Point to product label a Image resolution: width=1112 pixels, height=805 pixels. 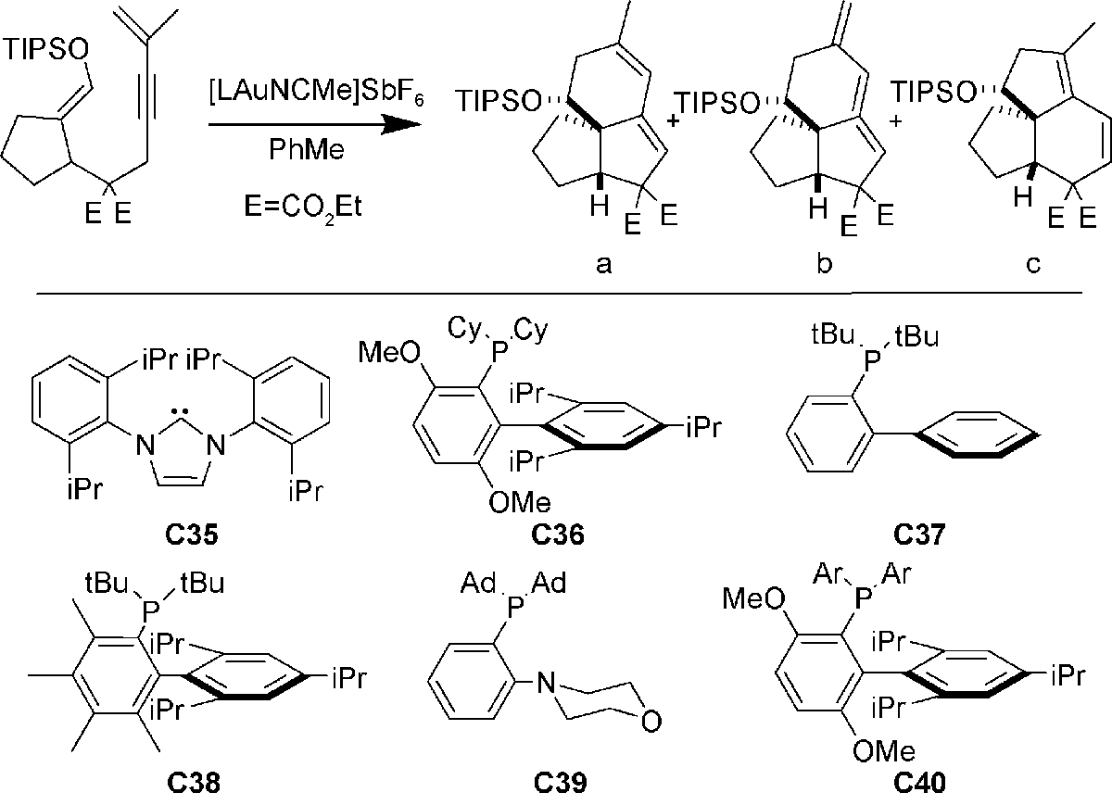click(x=604, y=266)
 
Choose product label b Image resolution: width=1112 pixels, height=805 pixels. click(x=824, y=266)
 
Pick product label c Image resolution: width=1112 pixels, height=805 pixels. click(x=1032, y=266)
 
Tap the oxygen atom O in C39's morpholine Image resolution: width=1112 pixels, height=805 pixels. click(x=652, y=718)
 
